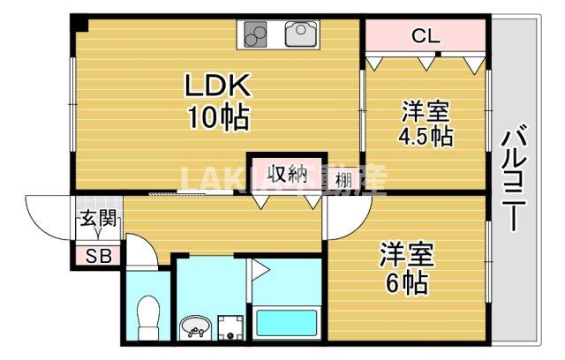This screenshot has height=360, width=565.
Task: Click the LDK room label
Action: point(219,86)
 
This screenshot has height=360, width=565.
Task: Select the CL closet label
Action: point(426,37)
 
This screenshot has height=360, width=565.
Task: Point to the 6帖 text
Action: point(405,282)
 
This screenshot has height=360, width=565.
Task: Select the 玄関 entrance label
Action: point(97,220)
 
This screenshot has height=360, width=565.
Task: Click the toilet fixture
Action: point(149,312)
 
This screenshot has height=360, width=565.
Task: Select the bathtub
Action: point(286,322)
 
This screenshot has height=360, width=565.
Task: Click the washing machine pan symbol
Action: point(231,326)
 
